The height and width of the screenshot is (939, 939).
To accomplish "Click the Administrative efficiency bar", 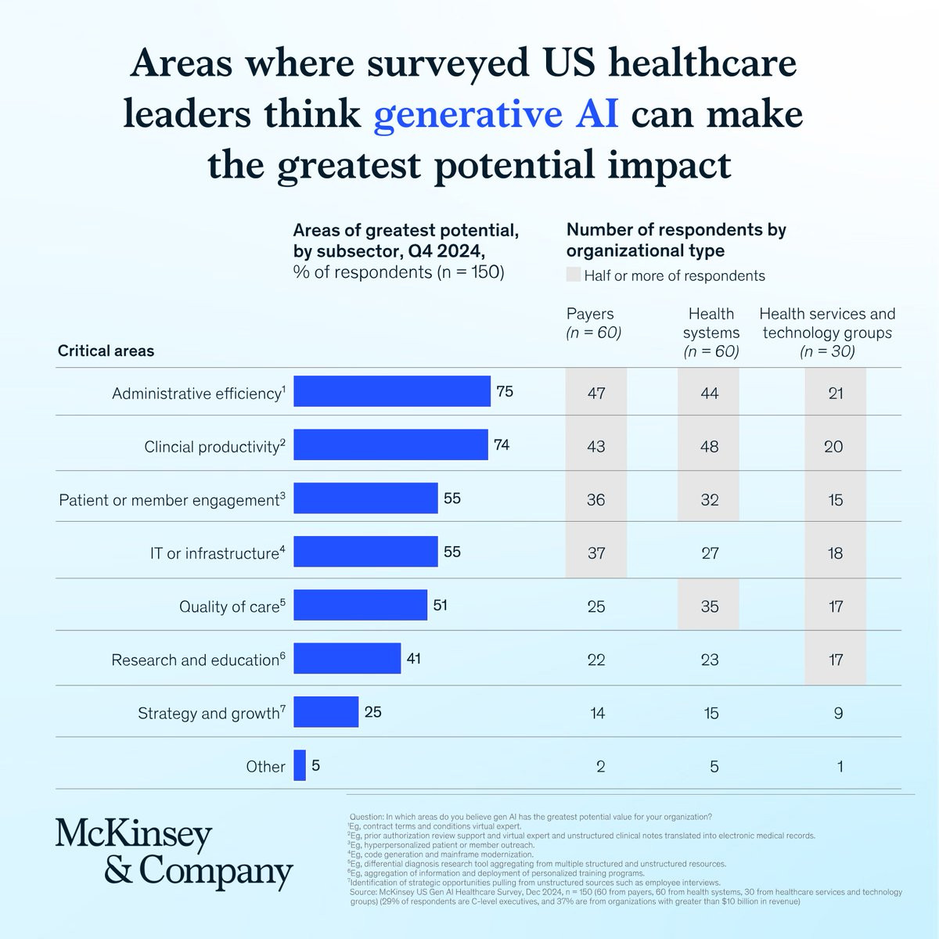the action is click(392, 390).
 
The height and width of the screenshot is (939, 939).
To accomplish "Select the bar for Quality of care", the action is click(360, 605).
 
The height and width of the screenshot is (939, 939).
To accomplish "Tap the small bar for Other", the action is click(300, 765).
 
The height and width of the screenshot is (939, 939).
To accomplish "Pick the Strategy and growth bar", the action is click(326, 711).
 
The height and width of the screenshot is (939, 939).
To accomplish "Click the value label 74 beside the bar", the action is click(502, 444).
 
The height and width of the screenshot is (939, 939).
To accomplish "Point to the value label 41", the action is click(414, 658).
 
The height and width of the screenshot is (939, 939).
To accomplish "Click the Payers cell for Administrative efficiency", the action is click(596, 393).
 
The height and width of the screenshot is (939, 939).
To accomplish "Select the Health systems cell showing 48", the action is click(710, 446).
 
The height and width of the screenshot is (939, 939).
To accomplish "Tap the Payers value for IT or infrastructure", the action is click(596, 553).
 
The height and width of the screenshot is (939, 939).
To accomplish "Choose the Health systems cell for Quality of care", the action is click(710, 606).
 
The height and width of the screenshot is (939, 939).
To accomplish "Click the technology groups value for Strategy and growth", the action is click(838, 713).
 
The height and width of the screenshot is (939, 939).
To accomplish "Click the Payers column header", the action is click(593, 322).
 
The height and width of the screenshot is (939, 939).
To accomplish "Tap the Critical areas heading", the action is click(106, 351).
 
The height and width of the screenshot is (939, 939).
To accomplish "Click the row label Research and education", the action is click(198, 660).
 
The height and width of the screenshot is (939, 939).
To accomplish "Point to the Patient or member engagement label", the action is click(172, 499).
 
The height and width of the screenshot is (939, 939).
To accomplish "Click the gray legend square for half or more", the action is click(573, 275).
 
